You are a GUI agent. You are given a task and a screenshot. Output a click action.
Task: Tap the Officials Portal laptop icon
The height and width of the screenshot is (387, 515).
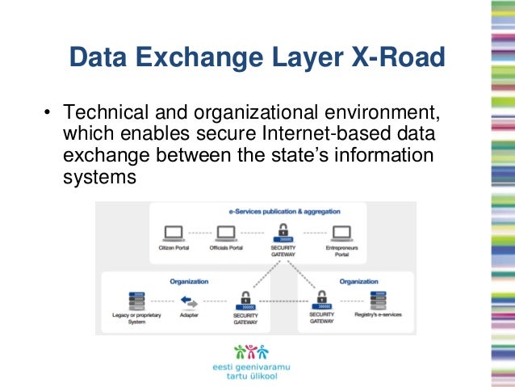click(x=226, y=233)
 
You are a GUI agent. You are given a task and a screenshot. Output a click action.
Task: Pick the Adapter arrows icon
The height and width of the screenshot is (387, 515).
click(x=189, y=301)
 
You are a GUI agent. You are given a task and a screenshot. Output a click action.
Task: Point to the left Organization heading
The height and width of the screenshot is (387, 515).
click(x=189, y=282)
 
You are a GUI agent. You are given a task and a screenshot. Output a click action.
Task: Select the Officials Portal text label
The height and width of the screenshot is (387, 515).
click(x=226, y=247)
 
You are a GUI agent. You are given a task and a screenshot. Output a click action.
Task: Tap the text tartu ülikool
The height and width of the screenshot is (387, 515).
click(x=249, y=376)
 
